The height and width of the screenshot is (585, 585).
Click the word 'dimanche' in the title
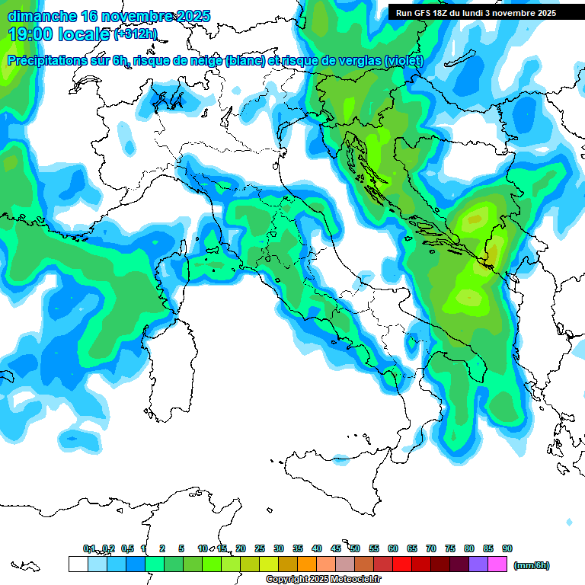click(x=42, y=16)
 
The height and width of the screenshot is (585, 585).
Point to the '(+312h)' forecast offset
click(x=136, y=35)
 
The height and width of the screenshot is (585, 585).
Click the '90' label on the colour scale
click(x=507, y=548)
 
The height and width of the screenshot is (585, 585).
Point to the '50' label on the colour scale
click(x=355, y=548)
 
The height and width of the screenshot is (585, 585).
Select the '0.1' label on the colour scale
click(x=89, y=548)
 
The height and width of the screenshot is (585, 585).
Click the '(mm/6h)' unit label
click(x=532, y=565)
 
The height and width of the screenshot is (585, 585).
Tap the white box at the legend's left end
click(x=78, y=564)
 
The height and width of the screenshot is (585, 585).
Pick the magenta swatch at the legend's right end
click(x=497, y=564)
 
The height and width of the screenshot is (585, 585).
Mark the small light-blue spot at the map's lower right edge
click(x=569, y=522)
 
